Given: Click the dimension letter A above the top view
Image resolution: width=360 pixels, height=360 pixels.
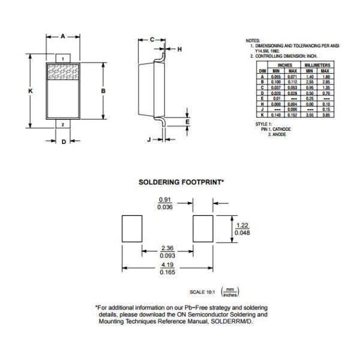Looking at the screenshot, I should tap(63, 36).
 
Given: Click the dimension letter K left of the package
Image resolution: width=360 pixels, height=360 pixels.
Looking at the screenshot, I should tap(30, 90).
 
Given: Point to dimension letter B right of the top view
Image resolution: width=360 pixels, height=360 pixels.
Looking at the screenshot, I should tap(104, 90).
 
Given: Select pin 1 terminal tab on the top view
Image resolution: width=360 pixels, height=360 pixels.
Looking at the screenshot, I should tap(63, 58).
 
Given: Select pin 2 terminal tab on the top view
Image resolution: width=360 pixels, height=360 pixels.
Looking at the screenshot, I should tap(63, 124).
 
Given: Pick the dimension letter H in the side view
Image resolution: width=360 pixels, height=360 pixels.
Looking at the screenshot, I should tap(179, 49).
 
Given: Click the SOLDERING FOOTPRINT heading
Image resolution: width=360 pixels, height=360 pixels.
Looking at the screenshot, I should tap(181, 181).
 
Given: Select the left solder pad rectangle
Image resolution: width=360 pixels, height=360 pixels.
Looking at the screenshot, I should tap(132, 229).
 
